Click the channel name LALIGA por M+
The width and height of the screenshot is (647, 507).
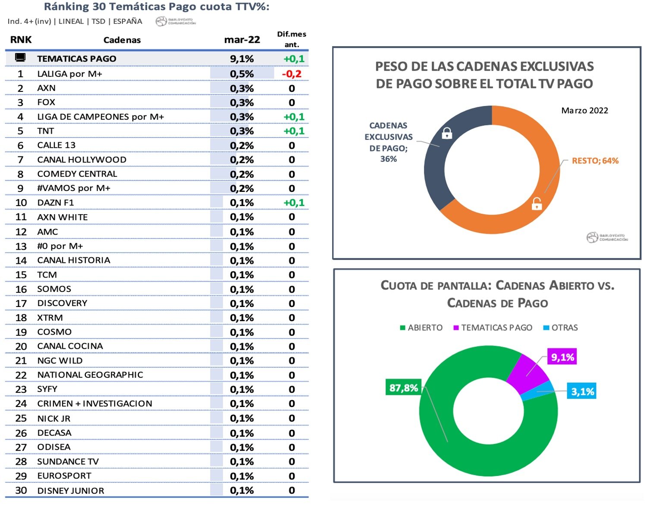pyautogui.click(x=69, y=74)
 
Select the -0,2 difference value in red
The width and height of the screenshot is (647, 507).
pyautogui.click(x=292, y=74)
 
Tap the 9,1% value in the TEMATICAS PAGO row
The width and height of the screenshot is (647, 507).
pyautogui.click(x=242, y=59)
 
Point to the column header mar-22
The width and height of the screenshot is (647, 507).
pyautogui.click(x=242, y=40)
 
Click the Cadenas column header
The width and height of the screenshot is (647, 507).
pyautogui.click(x=122, y=40)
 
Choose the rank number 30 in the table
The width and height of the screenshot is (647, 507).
pyautogui.click(x=21, y=490)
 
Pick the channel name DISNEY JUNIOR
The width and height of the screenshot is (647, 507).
pyautogui.click(x=71, y=491)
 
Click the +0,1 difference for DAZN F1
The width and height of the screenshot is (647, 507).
pyautogui.click(x=294, y=203)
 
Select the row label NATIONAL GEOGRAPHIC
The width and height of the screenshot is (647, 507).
pyautogui.click(x=90, y=375)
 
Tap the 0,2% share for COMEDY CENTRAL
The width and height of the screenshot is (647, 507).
pyautogui.click(x=242, y=174)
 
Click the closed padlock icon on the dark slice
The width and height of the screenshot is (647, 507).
pyautogui.click(x=447, y=133)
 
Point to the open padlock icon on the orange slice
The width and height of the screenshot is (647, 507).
pyautogui.click(x=537, y=203)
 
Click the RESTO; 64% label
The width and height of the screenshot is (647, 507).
pyautogui.click(x=595, y=161)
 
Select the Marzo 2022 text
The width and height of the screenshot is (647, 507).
pyautogui.click(x=584, y=110)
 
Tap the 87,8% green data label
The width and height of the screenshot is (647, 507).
pyautogui.click(x=403, y=388)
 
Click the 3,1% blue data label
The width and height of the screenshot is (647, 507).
pyautogui.click(x=582, y=391)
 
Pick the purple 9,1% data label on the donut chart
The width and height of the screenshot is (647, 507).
pyautogui.click(x=562, y=357)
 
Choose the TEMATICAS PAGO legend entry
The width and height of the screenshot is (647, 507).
pyautogui.click(x=496, y=328)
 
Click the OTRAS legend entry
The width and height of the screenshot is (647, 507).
pyautogui.click(x=564, y=328)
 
